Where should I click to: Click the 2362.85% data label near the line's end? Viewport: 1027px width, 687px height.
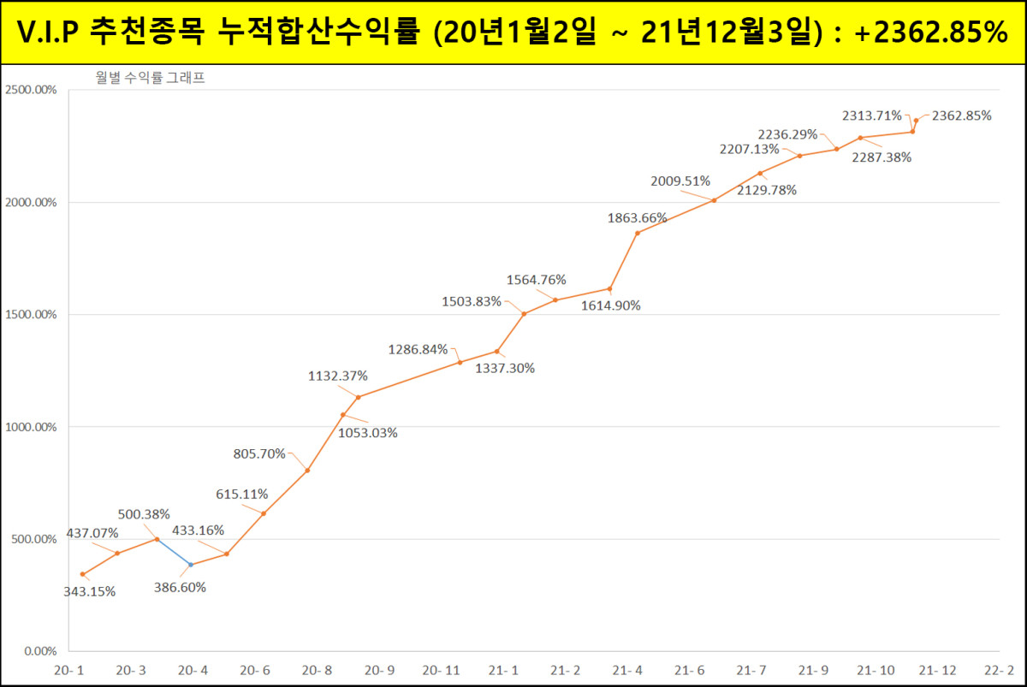pos(961,115)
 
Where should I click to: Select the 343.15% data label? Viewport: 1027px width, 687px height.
pos(89,591)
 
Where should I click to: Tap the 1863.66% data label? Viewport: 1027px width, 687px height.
pos(637,218)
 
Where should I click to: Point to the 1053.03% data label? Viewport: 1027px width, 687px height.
pos(367,433)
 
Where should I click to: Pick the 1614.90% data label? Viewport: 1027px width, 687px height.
pos(611,305)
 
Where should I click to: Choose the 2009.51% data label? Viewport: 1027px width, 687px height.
pos(680,181)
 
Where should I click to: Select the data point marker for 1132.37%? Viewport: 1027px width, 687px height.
pos(358,397)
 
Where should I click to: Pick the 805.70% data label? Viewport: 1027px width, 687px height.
pos(259,454)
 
